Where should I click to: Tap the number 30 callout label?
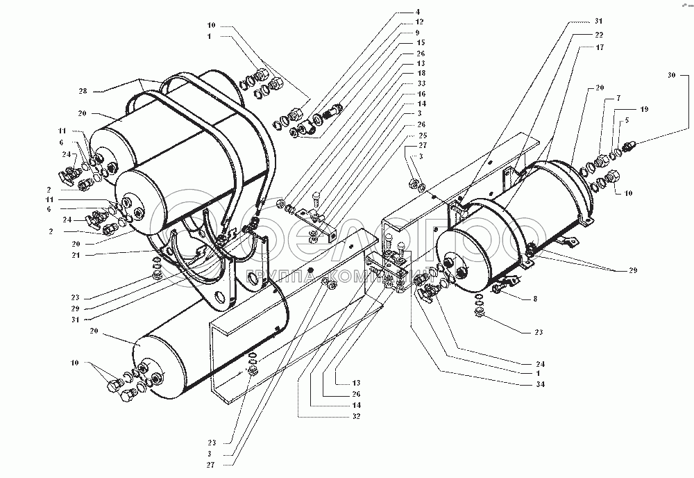[x=671, y=74]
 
